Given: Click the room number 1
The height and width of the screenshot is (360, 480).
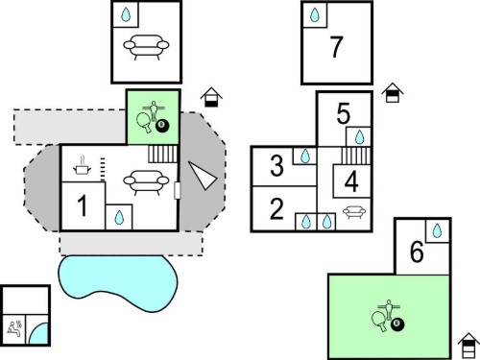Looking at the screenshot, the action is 83,205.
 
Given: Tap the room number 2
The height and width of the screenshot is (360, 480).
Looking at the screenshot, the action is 276,208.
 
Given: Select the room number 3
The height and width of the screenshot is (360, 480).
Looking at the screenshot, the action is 276,165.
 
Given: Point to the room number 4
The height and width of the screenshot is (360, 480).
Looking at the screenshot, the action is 351,181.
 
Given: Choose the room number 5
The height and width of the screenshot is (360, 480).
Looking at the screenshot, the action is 344,113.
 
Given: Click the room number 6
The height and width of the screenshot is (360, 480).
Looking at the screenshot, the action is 417,252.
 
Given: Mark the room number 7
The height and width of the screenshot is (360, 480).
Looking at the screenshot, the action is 336,47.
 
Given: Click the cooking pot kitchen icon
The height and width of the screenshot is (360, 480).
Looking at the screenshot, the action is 83,166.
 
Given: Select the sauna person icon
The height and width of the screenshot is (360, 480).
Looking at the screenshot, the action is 14,328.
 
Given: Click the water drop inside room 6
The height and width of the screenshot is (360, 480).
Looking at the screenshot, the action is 437,230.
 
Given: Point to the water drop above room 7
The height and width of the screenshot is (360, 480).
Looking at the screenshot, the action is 315,14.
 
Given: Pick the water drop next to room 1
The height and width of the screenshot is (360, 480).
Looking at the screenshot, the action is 119,217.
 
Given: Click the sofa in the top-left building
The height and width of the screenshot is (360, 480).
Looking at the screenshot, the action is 146,47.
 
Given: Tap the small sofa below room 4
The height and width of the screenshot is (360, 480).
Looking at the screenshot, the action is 354,212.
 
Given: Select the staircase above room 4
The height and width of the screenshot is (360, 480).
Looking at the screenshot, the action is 356,156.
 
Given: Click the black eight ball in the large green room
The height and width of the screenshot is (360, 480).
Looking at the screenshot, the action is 397,325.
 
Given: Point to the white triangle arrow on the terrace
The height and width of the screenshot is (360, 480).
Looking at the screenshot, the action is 203,175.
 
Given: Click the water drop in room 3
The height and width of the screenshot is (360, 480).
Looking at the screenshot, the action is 305,156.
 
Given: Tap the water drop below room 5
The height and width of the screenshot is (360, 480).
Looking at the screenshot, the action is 360,137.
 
